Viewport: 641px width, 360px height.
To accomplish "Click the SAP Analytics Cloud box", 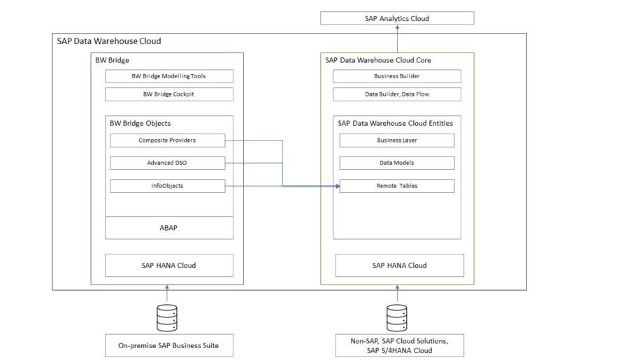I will pyautogui.click(x=396, y=18).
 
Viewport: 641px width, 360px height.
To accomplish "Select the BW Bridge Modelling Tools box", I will pyautogui.click(x=168, y=76).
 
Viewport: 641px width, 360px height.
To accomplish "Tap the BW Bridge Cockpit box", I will pyautogui.click(x=168, y=94).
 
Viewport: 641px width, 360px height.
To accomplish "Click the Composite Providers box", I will pyautogui.click(x=168, y=141).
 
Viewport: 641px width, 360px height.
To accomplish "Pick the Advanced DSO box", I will pyautogui.click(x=168, y=163).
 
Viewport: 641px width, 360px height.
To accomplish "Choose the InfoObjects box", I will pyautogui.click(x=168, y=186).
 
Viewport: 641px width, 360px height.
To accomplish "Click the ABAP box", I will pyautogui.click(x=168, y=227).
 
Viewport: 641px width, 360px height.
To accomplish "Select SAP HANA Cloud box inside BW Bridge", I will pyautogui.click(x=168, y=266).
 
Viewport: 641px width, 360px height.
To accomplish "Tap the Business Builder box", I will pyautogui.click(x=396, y=76).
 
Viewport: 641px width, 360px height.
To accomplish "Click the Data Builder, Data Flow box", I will pyautogui.click(x=396, y=94).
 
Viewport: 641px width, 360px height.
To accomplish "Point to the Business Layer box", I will pyautogui.click(x=396, y=141).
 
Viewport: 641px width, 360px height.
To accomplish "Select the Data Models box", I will pyautogui.click(x=396, y=163).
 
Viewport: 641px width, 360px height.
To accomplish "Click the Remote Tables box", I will pyautogui.click(x=396, y=186).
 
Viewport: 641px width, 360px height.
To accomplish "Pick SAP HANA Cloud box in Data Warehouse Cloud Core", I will pyautogui.click(x=399, y=266).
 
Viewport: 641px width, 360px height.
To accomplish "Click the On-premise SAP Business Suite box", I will pyautogui.click(x=168, y=345).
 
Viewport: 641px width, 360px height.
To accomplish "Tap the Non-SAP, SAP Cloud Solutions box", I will pyautogui.click(x=397, y=345).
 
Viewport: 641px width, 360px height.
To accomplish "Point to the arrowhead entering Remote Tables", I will pyautogui.click(x=336, y=187).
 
